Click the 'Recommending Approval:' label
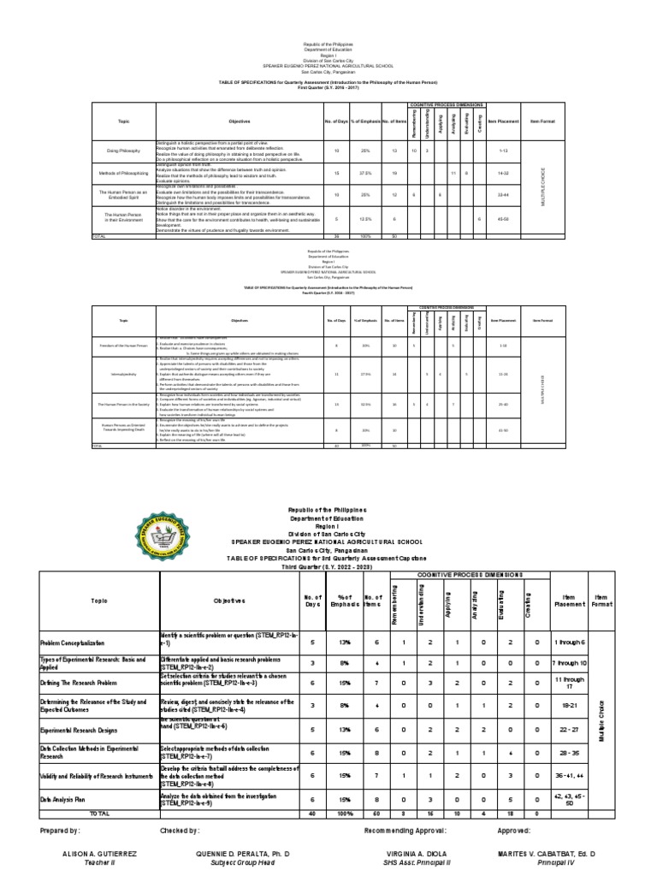[x=405, y=831]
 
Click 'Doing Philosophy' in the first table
[x=124, y=151]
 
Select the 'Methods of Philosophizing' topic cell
[x=124, y=172]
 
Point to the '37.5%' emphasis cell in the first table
[x=364, y=172]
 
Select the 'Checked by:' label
[x=180, y=831]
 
